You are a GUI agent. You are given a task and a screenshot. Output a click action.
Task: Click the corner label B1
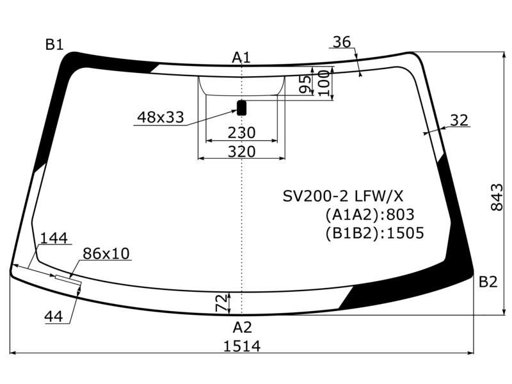click(54, 44)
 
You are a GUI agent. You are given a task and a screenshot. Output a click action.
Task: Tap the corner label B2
click(488, 282)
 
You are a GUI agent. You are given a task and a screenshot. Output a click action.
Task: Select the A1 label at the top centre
click(241, 58)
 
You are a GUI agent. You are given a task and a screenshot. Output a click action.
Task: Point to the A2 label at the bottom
click(243, 327)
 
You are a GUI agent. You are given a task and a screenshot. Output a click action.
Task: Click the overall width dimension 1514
click(242, 346)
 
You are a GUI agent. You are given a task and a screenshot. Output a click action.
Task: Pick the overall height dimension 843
click(497, 197)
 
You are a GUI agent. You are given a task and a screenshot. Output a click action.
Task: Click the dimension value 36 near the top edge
click(342, 42)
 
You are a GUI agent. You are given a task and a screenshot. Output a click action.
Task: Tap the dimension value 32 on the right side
click(459, 120)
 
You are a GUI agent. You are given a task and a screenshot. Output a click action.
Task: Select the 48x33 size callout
click(161, 117)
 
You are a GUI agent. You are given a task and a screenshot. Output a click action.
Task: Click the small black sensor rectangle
click(242, 108)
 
